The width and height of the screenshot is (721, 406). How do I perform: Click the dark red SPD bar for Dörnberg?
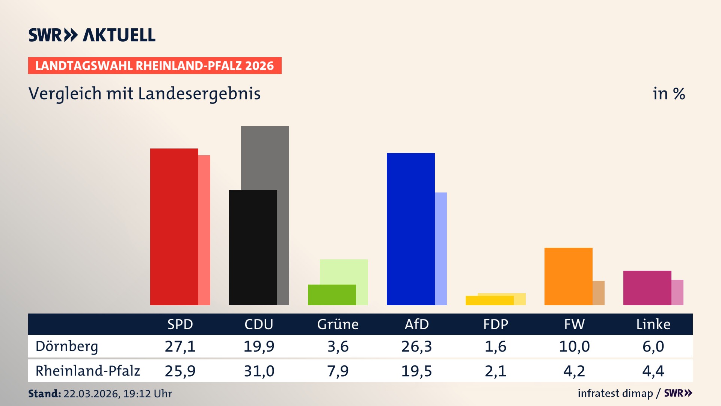coord(174,227)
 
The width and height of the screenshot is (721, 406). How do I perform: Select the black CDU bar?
coord(253,247)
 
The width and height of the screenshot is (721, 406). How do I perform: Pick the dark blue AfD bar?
coord(410,229)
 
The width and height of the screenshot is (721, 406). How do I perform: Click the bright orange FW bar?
coord(568,276)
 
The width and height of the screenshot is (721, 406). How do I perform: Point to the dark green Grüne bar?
coord(332,295)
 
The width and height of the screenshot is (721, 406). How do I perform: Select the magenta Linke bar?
coord(647,288)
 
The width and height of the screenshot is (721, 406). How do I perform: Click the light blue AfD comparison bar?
coord(441,248)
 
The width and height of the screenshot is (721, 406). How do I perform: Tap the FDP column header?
coord(495,324)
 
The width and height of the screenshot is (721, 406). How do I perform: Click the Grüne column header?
coord(338,324)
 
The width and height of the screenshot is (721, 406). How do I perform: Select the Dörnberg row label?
coord(67,346)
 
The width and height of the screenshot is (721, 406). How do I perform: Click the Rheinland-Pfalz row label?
coord(87,371)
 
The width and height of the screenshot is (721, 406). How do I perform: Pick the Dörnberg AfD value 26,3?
coord(416,346)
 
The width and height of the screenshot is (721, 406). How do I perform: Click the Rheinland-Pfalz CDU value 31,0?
coord(259,371)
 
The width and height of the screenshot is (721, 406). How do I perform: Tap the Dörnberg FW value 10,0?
coord(574,346)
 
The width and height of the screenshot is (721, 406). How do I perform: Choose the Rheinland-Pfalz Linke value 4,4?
coord(653,371)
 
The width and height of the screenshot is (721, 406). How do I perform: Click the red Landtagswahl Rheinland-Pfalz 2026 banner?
coord(155,66)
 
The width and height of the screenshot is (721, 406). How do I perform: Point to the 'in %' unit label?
coord(668,94)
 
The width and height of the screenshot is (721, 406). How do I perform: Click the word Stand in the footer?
coord(44,394)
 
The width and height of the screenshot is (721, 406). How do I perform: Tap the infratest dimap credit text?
coord(615,393)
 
